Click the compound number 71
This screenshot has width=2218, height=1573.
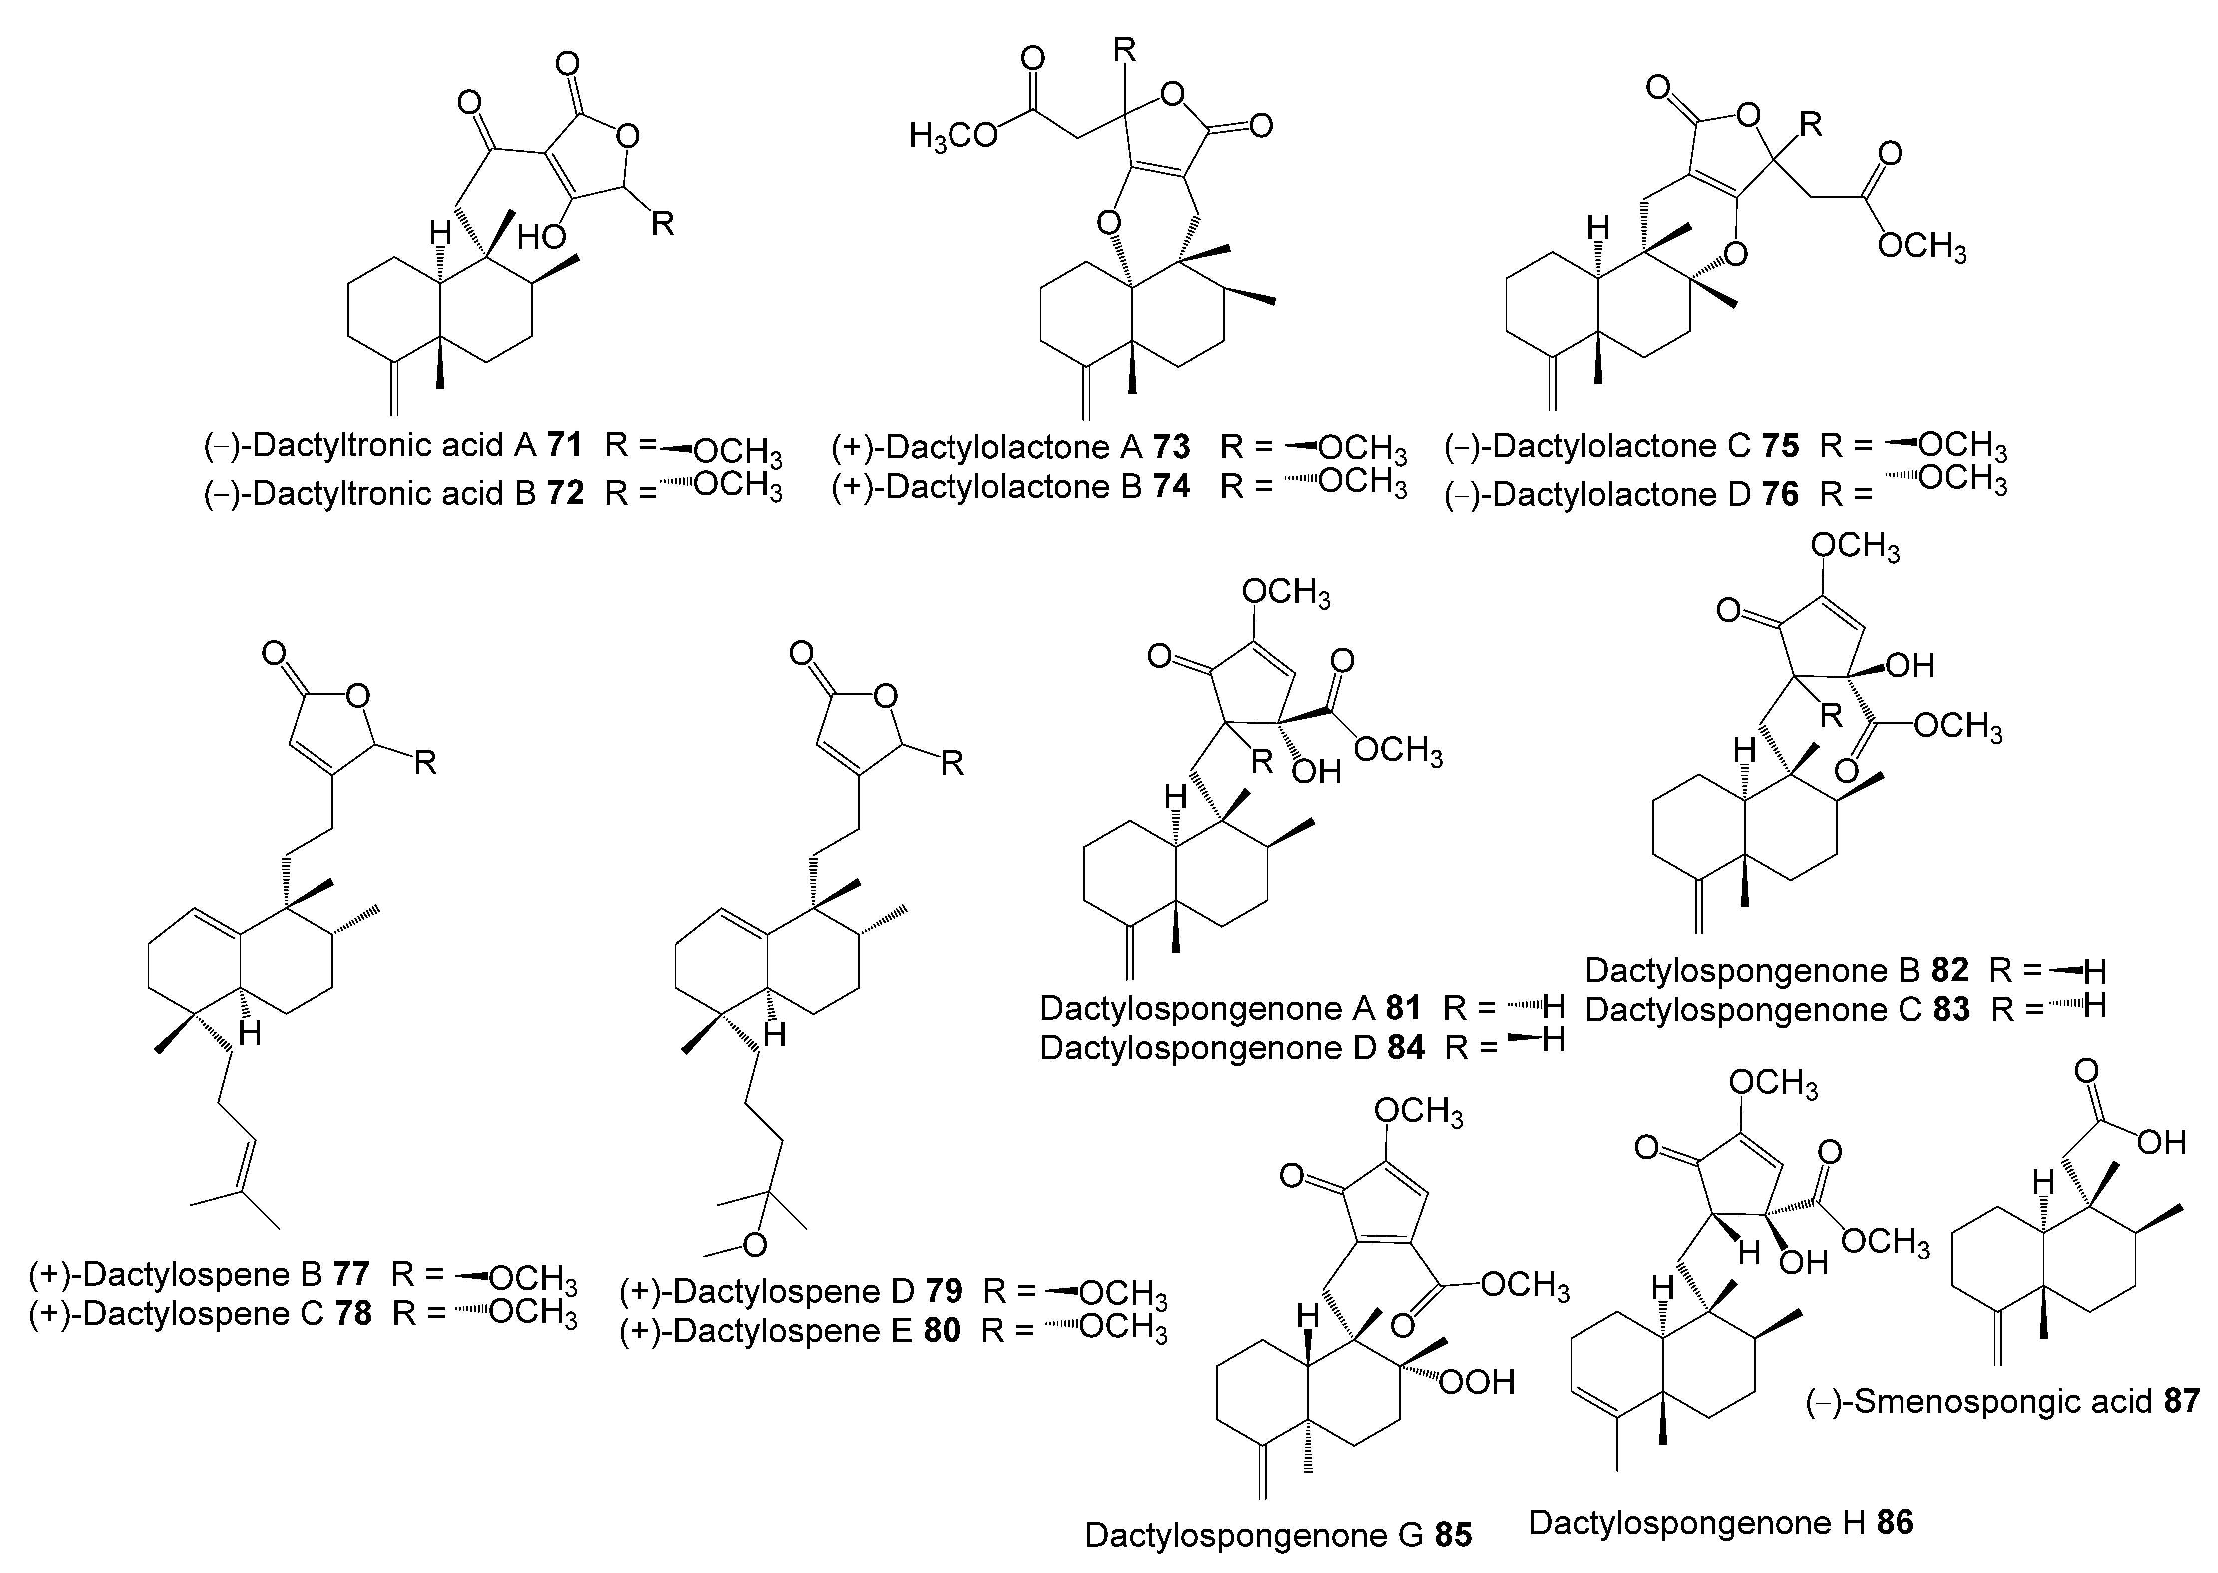click(x=565, y=446)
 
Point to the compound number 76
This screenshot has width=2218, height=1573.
click(x=1780, y=494)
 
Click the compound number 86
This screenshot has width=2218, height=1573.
click(x=1895, y=1523)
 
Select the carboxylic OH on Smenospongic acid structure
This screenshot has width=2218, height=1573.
click(x=2161, y=1143)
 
